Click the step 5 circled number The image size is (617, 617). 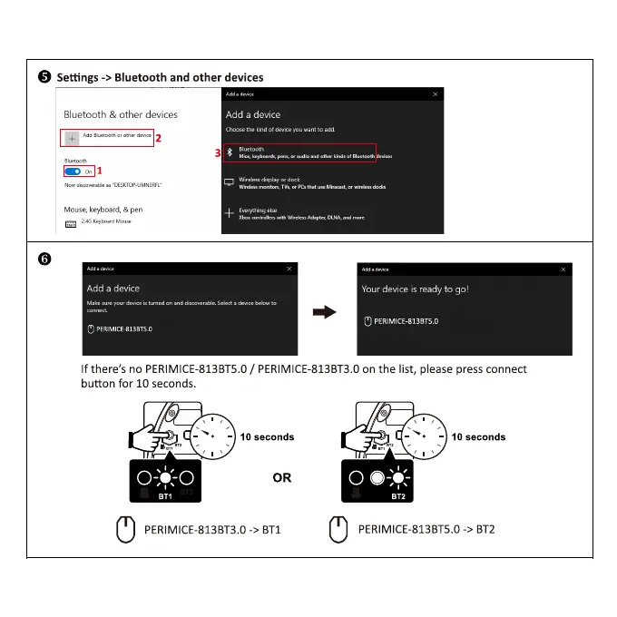coord(44,77)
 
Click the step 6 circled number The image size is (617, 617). coord(44,259)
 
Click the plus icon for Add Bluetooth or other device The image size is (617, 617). coord(72,137)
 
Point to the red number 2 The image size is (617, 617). coord(159,139)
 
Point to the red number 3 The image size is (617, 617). coord(218,154)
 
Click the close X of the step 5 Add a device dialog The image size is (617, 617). coord(436,94)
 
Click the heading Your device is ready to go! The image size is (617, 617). coord(415,289)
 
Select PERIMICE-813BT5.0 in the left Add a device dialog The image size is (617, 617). coord(119,328)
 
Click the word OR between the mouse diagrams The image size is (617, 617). coord(282,477)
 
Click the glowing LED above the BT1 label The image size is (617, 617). coord(164,478)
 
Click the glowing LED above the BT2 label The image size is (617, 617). coord(400,478)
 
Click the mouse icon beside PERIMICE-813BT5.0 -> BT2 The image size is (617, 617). coord(338,528)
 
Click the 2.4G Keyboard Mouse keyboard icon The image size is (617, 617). coord(70,222)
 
